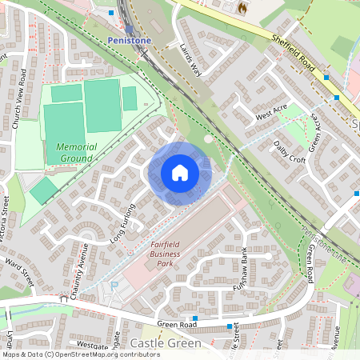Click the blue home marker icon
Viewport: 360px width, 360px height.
(x=180, y=173)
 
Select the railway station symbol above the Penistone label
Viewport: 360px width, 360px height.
(x=129, y=28)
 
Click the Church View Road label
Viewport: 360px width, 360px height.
(x=21, y=87)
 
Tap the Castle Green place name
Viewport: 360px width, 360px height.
(x=166, y=342)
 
